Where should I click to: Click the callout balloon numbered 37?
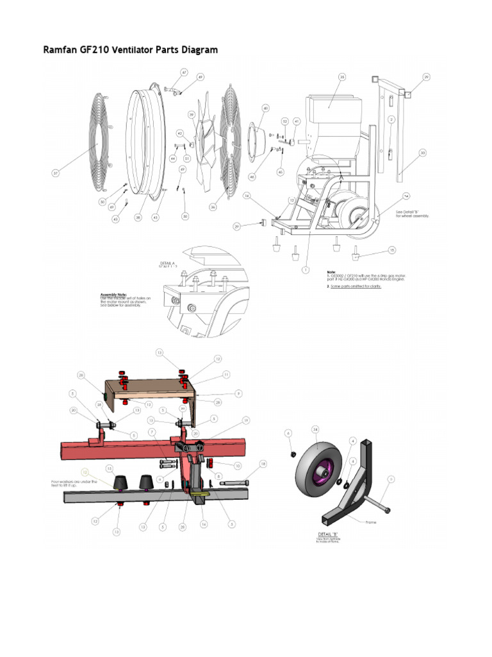click(x=56, y=173)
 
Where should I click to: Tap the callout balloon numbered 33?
click(x=422, y=153)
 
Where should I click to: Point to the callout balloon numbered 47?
click(x=184, y=73)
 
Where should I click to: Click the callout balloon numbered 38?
click(x=137, y=217)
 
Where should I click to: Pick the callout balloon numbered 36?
click(x=213, y=207)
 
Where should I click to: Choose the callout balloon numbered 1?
click(x=306, y=269)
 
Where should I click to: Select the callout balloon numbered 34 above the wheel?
click(x=315, y=429)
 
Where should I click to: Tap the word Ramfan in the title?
click(x=60, y=49)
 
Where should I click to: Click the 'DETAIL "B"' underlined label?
click(x=329, y=534)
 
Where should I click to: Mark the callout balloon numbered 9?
click(x=238, y=393)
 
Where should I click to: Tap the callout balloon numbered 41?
click(x=296, y=121)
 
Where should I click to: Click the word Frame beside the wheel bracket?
click(x=370, y=522)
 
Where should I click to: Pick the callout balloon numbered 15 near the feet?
click(x=392, y=250)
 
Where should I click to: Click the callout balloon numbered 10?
click(x=238, y=465)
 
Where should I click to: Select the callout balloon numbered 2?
click(x=391, y=119)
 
